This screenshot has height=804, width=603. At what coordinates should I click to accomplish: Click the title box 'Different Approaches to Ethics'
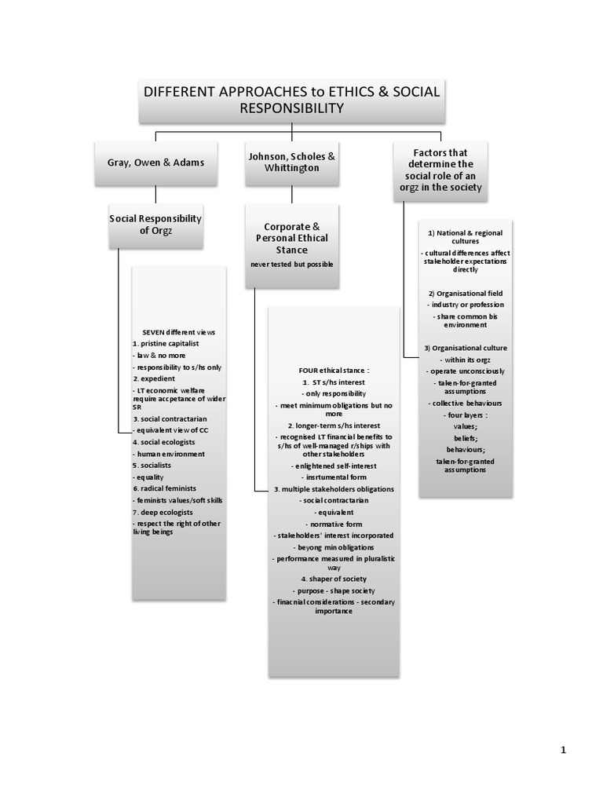tap(290, 100)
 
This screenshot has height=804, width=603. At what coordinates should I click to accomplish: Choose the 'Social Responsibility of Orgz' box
tap(155, 225)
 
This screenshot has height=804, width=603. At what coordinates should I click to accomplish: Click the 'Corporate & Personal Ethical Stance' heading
tap(291, 236)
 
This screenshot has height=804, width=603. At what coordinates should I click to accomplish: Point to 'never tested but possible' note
tap(291, 264)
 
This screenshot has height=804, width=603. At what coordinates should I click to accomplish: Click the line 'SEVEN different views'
tap(178, 332)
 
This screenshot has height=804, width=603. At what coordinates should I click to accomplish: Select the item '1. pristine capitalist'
tap(166, 344)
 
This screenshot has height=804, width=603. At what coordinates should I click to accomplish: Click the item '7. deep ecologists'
tap(163, 511)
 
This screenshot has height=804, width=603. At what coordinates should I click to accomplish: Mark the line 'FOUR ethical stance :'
tap(334, 368)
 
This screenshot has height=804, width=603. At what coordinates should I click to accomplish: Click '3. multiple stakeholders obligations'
tap(334, 488)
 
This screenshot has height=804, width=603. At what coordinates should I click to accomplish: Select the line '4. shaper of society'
tap(334, 579)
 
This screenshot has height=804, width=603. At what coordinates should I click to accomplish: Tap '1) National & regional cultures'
tap(465, 237)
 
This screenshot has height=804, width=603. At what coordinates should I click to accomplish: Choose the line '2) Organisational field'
tap(466, 293)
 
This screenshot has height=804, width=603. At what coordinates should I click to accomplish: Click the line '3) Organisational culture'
tap(466, 347)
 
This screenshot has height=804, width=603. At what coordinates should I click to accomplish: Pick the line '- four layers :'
tap(466, 415)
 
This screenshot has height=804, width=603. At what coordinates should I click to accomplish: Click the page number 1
tap(563, 750)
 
